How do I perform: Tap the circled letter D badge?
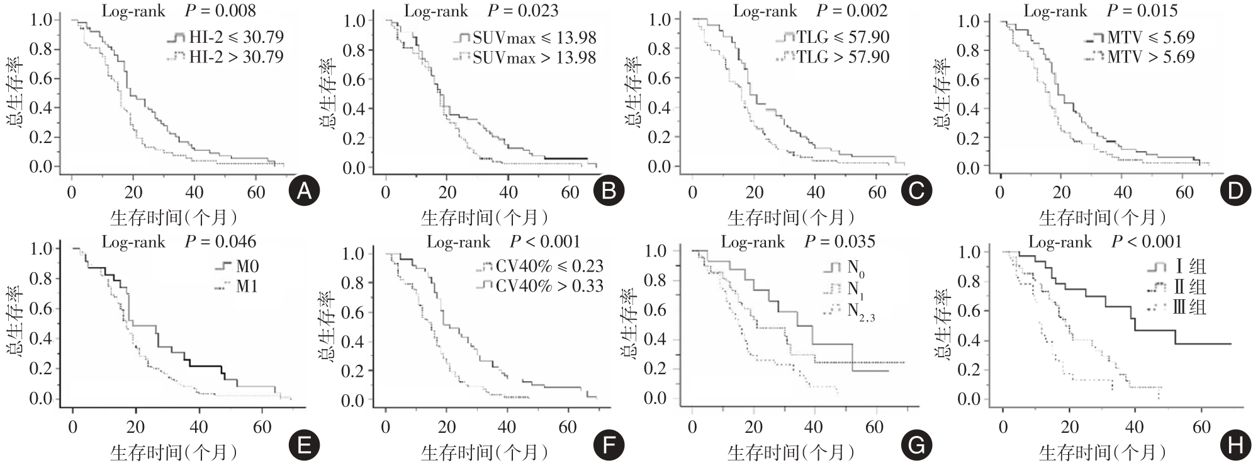[x=1235, y=191]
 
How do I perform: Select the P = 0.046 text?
[x=221, y=242]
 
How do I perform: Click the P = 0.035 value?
[x=840, y=242]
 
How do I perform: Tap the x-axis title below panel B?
[x=484, y=218]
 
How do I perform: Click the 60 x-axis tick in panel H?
[x=1201, y=427]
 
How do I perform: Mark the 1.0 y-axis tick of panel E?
[x=42, y=248]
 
